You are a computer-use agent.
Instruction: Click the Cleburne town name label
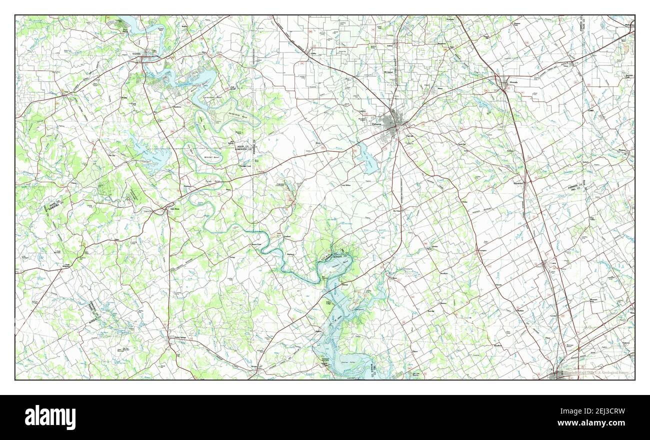[376, 124]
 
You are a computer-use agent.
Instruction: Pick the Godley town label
[313, 52]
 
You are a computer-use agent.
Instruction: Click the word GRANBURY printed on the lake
[186, 85]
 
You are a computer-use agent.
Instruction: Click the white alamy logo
[50, 417]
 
